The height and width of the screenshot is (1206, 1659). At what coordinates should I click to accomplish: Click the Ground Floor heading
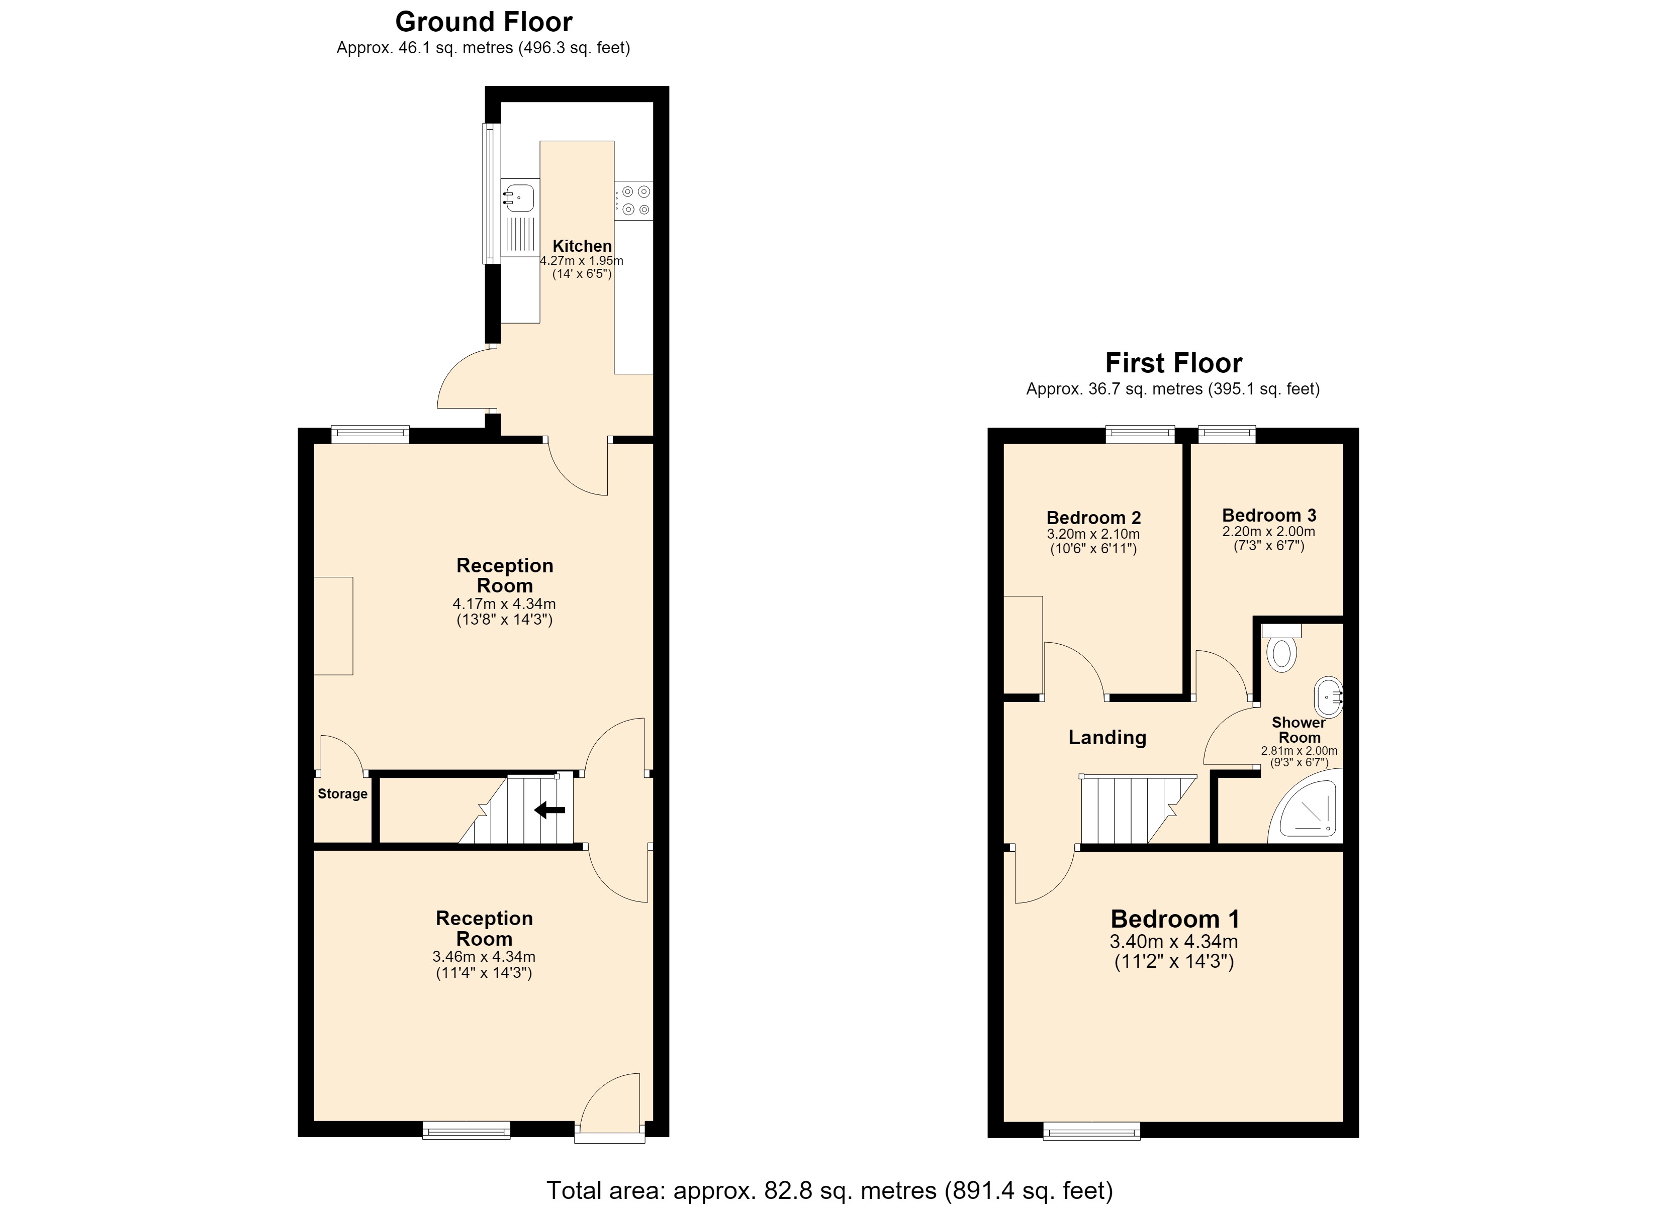click(484, 22)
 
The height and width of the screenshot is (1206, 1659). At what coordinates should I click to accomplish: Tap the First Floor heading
click(1173, 363)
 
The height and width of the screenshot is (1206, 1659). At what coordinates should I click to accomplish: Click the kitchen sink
click(519, 197)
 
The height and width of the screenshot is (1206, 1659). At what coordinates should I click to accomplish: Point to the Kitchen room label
click(582, 246)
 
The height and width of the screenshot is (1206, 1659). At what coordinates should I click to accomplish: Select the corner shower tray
click(1306, 805)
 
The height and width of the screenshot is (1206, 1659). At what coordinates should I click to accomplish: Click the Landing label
click(1108, 737)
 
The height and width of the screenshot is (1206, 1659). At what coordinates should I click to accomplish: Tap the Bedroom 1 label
click(1175, 919)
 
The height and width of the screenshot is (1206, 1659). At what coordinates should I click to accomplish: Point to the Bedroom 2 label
click(1093, 518)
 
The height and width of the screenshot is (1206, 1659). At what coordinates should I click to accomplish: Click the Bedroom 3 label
click(1269, 515)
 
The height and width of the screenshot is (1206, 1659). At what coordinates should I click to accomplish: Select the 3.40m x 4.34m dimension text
click(1174, 942)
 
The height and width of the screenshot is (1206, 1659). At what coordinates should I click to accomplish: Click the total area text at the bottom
click(829, 1190)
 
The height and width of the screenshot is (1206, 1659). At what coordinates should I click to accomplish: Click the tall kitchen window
click(492, 193)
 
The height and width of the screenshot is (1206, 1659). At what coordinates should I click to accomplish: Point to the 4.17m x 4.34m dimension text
click(504, 604)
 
